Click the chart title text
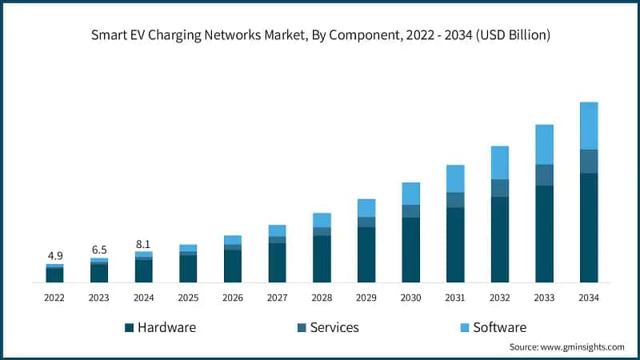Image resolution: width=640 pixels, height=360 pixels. (x=320, y=35)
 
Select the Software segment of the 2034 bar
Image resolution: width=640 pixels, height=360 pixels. (x=588, y=126)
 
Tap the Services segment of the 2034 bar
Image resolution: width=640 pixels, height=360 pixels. (x=588, y=161)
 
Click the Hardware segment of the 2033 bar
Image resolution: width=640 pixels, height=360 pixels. (x=544, y=234)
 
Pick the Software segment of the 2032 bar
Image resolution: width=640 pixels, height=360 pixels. (x=499, y=162)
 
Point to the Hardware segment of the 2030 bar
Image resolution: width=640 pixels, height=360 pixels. (x=410, y=250)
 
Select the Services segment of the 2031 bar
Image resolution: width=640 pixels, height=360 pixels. (x=455, y=200)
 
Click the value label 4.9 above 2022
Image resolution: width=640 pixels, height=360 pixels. (x=54, y=255)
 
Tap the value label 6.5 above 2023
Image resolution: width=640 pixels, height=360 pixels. (x=99, y=250)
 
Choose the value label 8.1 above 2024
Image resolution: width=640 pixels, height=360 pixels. (x=144, y=243)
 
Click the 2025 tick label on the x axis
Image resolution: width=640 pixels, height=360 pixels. (x=188, y=298)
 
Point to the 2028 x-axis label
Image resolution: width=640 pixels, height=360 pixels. (x=322, y=298)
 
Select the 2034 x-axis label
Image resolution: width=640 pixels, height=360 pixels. (x=588, y=298)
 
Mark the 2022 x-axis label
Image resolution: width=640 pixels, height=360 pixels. (x=54, y=298)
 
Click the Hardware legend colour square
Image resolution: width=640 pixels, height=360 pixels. (x=128, y=328)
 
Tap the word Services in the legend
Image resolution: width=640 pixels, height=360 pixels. (x=334, y=327)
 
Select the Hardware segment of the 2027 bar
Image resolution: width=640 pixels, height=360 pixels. (x=277, y=262)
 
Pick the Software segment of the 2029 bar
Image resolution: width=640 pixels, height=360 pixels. (x=366, y=208)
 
